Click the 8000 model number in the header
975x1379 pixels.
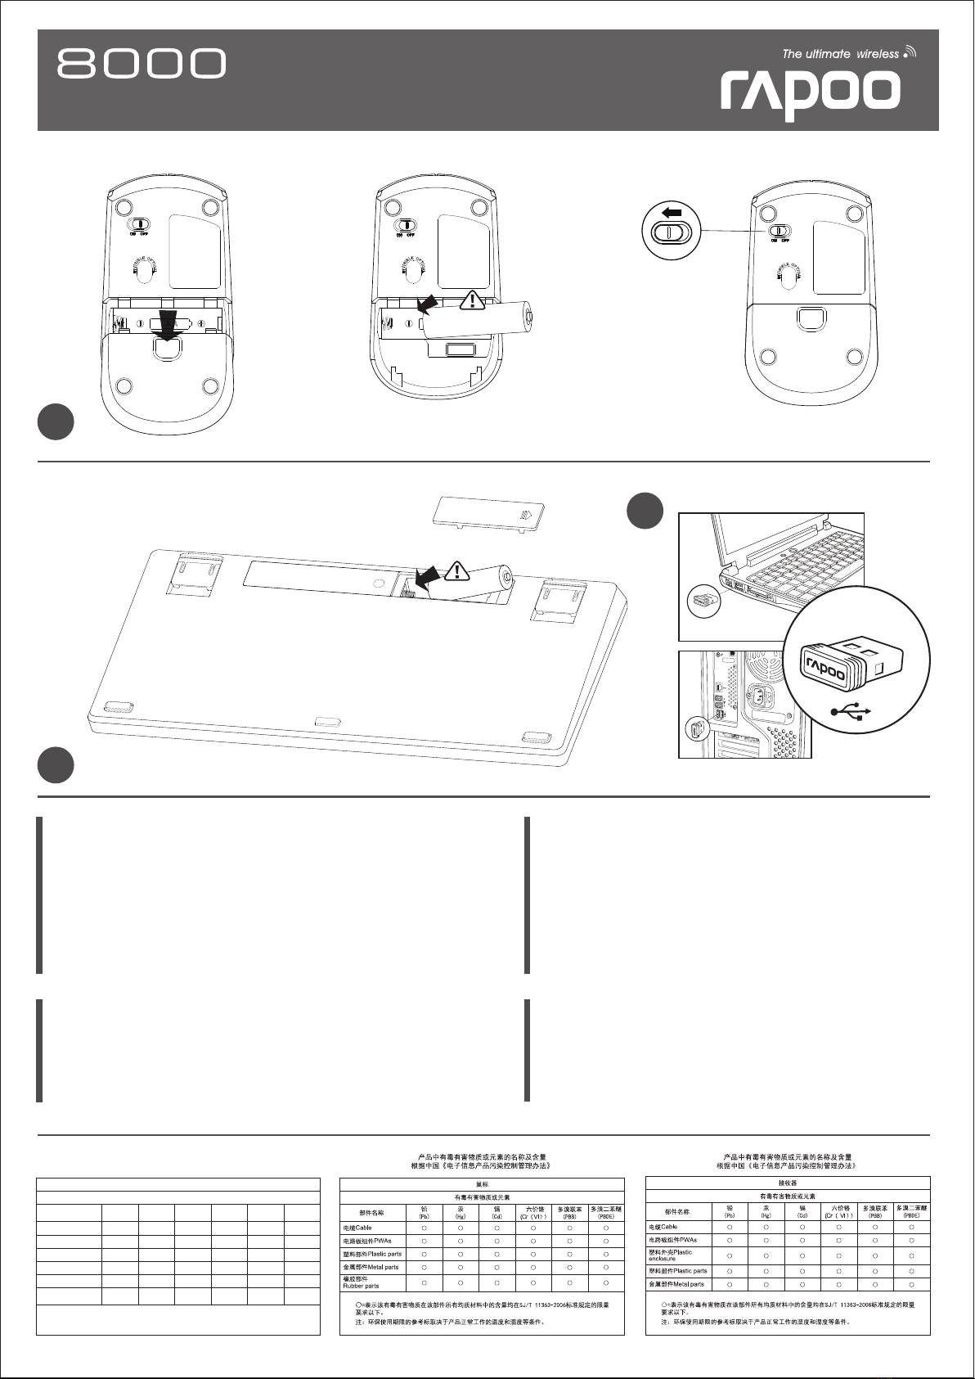141,64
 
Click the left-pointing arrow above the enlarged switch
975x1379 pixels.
672,212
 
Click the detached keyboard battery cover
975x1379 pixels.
488,514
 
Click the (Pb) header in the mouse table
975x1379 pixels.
425,1213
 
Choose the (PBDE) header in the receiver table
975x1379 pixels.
911,1210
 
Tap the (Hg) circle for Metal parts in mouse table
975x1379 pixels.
461,1267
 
